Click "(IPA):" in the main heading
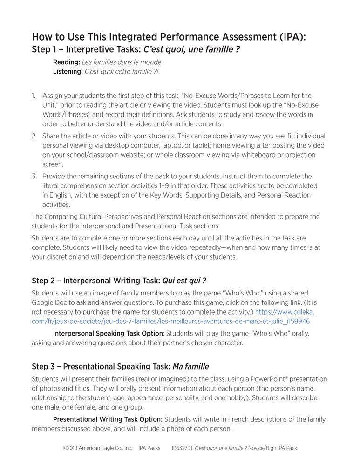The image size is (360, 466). coord(289,37)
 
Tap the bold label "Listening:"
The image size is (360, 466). coord(68,71)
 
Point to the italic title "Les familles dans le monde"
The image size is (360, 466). coord(122,62)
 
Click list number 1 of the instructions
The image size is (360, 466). coord(34,96)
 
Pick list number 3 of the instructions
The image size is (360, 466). coord(34,176)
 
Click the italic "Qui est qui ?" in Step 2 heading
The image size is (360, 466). coord(184,281)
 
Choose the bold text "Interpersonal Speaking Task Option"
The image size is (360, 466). coord(108,334)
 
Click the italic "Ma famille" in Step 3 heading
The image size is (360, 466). coord(191,366)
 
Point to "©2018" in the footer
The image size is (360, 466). coord(70,448)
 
